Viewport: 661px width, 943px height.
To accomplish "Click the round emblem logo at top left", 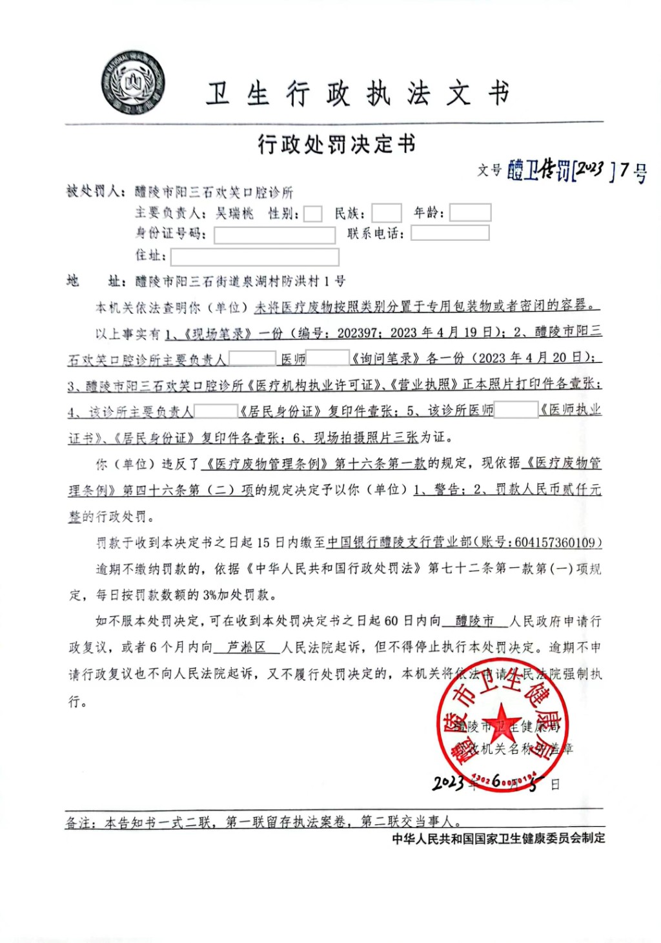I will point(133,83).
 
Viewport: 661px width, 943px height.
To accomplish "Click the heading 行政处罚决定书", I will point(336,144).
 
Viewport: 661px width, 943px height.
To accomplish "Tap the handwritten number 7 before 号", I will point(624,170).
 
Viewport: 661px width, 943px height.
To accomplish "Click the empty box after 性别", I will point(313,214).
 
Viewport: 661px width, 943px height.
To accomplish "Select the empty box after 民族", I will point(387,213).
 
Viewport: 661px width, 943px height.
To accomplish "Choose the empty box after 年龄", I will point(470,212).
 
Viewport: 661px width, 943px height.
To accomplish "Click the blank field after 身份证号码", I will point(274,234).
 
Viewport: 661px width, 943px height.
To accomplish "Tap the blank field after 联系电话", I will point(450,233).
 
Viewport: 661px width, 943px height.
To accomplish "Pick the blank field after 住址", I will point(254,256).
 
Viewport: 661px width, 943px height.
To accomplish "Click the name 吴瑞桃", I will point(235,213).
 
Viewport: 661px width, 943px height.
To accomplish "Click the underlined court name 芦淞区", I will point(247,647).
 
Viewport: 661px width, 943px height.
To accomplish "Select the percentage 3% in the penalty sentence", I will point(211,595).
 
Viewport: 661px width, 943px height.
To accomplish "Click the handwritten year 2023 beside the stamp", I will point(448,782).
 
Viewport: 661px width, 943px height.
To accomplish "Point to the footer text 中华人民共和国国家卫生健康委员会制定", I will point(498,838).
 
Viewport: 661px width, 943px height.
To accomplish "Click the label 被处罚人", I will point(94,192).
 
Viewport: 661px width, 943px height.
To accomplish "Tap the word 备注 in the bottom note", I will point(80,822).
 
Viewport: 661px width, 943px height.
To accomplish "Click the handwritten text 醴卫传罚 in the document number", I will point(538,171).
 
